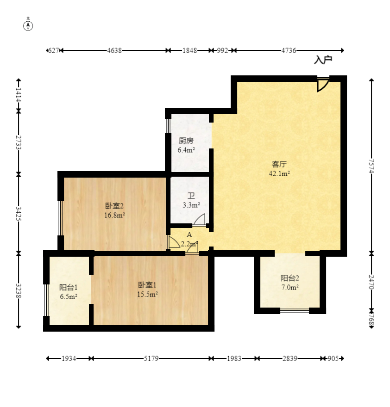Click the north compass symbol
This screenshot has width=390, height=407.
coord(28,26)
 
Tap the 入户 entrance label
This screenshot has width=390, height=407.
coord(323,60)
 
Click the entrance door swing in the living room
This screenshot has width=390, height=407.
coord(322,85)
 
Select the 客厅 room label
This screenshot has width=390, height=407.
coord(279,164)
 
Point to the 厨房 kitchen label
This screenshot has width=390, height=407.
coord(186,141)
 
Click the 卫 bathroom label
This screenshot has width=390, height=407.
coord(191,196)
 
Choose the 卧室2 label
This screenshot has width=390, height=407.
coord(114,206)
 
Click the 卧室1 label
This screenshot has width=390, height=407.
coord(147,285)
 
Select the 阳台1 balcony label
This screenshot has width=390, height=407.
coord(69,287)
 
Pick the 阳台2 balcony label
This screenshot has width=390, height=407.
coord(290,278)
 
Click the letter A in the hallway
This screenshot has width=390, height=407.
coord(189,234)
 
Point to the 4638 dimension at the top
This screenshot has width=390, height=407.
coord(114,50)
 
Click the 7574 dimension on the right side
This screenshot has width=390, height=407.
coord(371,166)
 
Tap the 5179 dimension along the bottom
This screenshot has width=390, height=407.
coord(151,358)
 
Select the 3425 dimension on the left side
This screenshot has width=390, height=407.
coord(18,213)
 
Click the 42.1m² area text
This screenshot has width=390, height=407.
coord(279,173)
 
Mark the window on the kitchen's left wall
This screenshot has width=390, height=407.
coord(168,126)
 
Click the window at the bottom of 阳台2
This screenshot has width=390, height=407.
coord(295,310)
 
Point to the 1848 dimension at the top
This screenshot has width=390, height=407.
coord(189,50)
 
